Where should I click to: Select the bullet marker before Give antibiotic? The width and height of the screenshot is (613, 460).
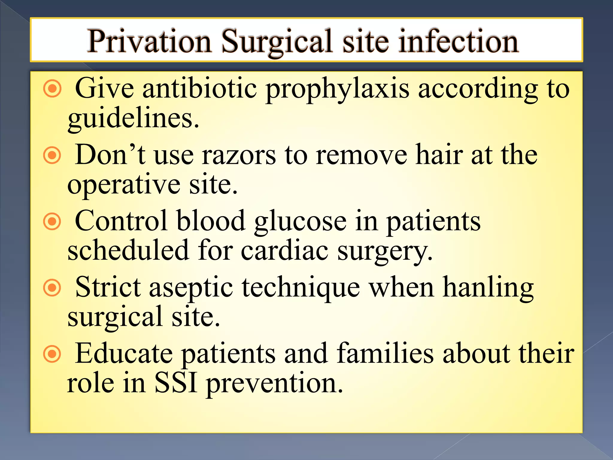point(52,89)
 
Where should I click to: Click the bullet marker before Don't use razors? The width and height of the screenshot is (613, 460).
point(52,155)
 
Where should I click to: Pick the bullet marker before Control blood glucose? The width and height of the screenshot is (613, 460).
point(52,222)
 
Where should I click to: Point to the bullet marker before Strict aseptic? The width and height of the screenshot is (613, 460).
point(52,288)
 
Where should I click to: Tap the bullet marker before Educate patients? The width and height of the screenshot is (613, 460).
point(52,354)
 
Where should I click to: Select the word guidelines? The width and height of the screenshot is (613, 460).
point(133,119)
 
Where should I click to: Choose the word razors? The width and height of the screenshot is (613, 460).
point(239,155)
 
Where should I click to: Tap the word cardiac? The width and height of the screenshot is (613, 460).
point(284,251)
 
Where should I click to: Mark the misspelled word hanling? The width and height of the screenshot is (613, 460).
point(488,288)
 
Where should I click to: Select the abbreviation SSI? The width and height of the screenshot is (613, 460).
point(176,383)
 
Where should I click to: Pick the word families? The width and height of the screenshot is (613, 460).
point(385,354)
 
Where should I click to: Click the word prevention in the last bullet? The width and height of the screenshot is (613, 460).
point(274,384)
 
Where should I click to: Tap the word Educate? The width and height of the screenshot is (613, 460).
point(124,354)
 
